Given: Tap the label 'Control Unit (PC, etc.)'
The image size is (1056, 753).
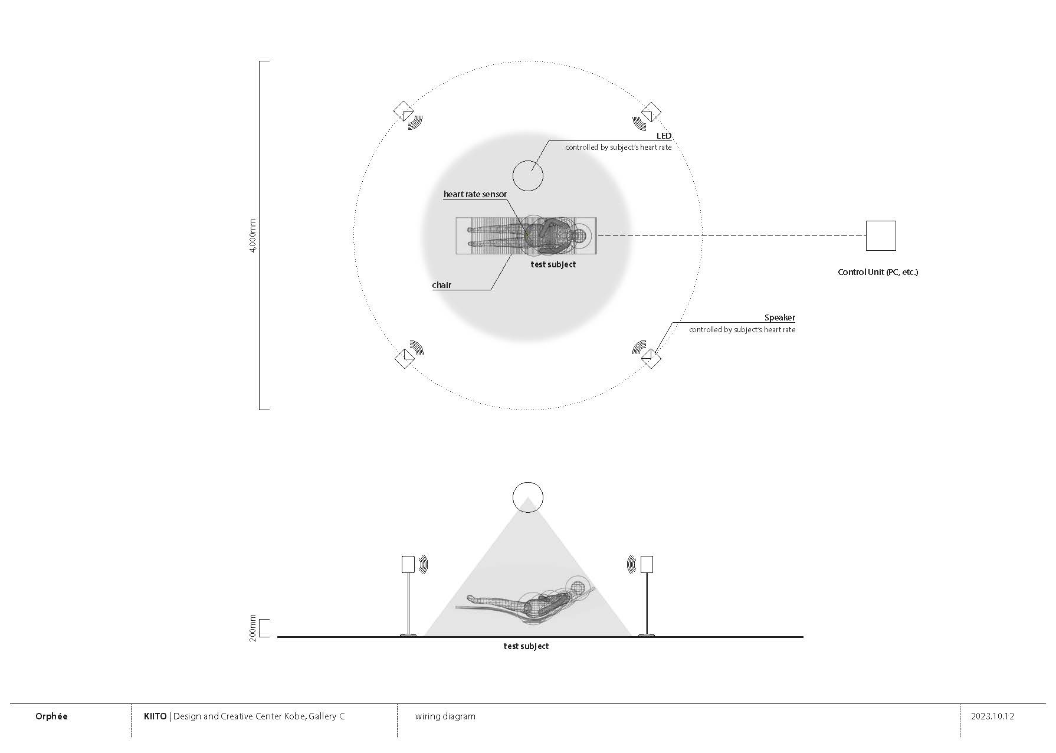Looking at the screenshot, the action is (x=878, y=272).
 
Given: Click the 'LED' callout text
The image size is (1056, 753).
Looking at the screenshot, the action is (x=664, y=136).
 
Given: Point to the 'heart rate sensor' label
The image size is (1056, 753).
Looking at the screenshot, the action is (x=475, y=194).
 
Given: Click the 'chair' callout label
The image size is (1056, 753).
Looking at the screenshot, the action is (x=442, y=285).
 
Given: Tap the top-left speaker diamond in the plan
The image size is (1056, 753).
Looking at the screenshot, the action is (x=404, y=112).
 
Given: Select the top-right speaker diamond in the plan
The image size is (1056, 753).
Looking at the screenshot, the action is (x=651, y=112).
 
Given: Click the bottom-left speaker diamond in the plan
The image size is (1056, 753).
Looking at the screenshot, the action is (x=405, y=358).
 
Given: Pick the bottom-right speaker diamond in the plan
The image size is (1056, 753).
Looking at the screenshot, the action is (x=651, y=358).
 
